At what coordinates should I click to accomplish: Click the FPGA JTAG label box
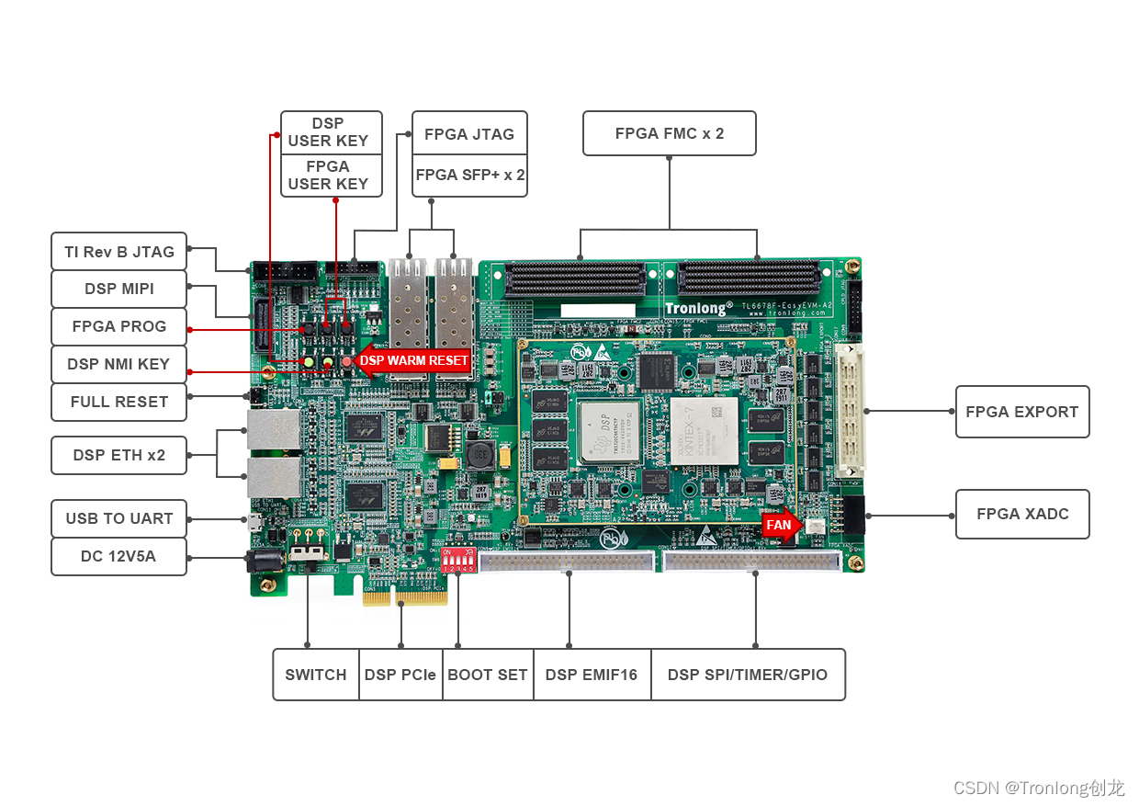point(468,134)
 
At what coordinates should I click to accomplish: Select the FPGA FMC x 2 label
point(669,133)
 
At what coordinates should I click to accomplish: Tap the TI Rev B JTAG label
point(118,251)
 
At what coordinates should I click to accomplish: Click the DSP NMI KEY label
point(118,364)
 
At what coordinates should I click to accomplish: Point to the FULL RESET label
point(118,402)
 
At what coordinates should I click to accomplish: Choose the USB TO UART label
point(118,518)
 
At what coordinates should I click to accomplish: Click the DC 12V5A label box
point(118,556)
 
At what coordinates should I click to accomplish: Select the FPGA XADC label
point(1021,514)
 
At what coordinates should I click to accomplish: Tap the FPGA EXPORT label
point(1021,412)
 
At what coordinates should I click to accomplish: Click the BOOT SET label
point(487,675)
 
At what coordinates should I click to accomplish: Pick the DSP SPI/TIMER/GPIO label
point(747,675)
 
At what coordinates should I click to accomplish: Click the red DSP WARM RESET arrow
point(412,360)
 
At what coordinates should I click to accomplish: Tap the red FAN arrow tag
point(781,525)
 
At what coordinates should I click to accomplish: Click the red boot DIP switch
point(457,560)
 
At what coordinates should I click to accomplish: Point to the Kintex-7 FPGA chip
point(704,429)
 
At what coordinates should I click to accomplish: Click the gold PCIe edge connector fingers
point(405,596)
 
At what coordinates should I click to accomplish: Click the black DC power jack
point(260,562)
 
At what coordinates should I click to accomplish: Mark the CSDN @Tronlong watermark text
point(1038,788)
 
